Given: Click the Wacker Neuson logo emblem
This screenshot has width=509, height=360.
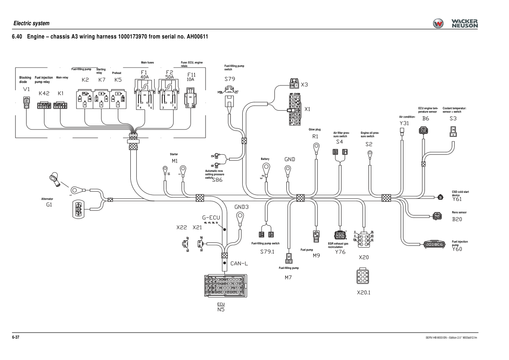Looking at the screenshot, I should (x=439, y=24).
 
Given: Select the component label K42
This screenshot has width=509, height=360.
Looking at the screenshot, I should (x=44, y=93).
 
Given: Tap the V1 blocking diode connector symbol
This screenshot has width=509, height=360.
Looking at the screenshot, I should (x=26, y=103).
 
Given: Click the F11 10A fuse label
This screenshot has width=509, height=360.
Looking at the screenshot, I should (x=190, y=77).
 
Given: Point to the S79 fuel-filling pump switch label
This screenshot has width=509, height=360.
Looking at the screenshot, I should (x=229, y=79).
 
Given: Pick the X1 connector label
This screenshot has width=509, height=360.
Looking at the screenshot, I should (x=307, y=109).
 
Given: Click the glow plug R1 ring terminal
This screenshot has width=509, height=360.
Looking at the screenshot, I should (x=316, y=148).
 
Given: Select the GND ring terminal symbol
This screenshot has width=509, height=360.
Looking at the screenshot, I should (x=288, y=170).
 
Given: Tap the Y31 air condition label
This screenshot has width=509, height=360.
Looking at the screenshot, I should (x=404, y=123).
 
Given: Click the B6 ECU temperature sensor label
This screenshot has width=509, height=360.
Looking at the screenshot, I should (x=426, y=118).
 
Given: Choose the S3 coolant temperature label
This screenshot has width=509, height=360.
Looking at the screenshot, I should (x=453, y=118).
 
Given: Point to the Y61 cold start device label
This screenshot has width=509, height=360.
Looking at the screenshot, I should (x=457, y=199).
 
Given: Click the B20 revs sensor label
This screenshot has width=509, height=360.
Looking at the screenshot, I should (x=457, y=219).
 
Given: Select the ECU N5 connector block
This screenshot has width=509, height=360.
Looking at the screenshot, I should (x=224, y=285).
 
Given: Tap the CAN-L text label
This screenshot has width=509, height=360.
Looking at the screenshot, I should (x=239, y=263).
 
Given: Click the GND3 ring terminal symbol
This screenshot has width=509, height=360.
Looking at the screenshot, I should (x=240, y=216).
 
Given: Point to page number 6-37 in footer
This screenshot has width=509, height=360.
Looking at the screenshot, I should (x=16, y=337).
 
